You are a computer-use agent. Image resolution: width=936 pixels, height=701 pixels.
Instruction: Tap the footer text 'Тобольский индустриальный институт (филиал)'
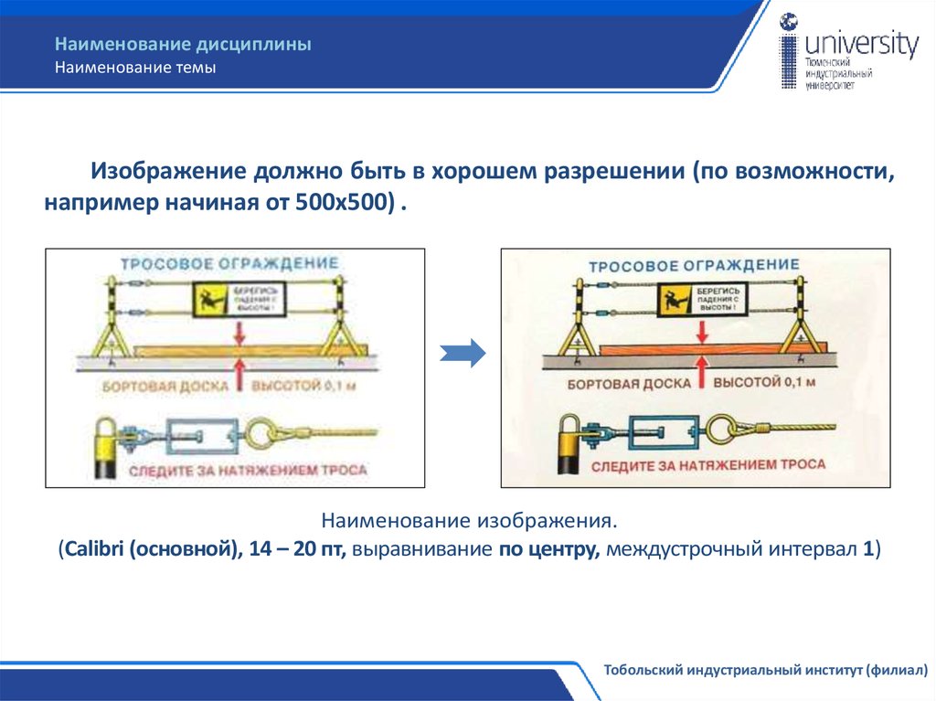765,670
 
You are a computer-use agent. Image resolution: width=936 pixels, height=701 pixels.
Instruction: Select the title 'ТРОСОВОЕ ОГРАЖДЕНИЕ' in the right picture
693,266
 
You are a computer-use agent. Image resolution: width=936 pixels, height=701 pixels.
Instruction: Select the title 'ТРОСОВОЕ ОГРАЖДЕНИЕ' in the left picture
229,264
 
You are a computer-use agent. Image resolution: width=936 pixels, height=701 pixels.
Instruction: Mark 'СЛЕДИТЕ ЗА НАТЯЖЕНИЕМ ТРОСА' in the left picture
248,471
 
